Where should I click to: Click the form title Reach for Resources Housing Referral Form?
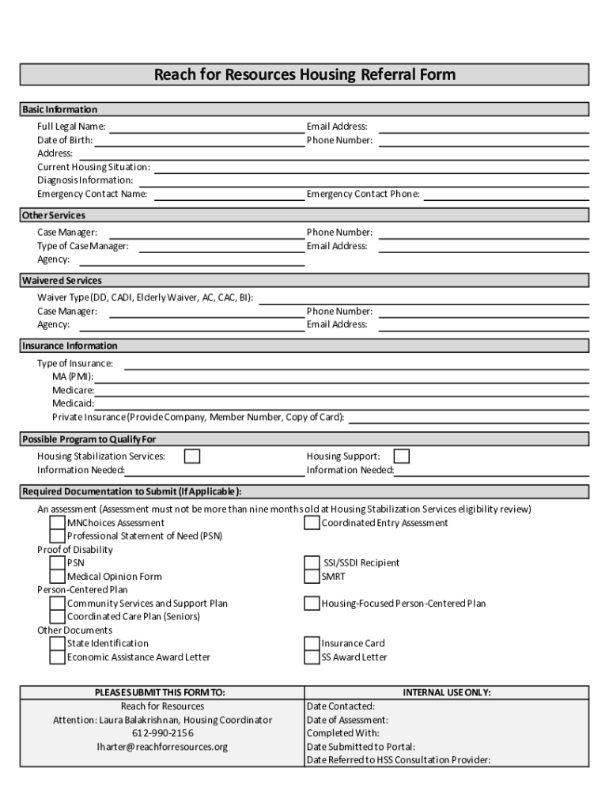304,75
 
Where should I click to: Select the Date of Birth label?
65,140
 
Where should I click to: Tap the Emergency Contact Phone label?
363,194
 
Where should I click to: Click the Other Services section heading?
54,215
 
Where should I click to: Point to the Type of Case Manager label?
82,246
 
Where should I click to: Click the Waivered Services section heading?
62,281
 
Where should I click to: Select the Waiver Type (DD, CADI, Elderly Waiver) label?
146,297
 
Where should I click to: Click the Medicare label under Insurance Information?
73,390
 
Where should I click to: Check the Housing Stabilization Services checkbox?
192,456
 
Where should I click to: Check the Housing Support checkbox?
402,456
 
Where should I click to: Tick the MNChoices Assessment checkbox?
58,523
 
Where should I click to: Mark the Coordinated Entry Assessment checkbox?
312,523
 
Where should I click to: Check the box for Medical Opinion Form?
58,577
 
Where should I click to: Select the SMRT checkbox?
312,577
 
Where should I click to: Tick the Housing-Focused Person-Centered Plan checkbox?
312,604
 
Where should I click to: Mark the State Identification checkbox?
58,644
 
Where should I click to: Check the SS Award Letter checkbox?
312,657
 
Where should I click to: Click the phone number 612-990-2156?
162,733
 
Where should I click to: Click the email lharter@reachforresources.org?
162,747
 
